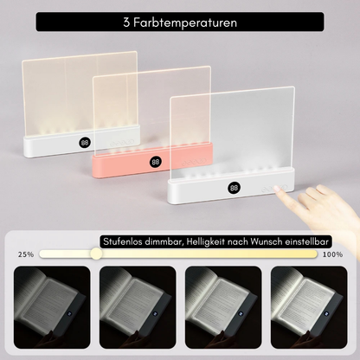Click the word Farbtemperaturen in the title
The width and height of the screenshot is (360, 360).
click(185, 22)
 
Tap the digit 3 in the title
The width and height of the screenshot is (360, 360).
click(126, 22)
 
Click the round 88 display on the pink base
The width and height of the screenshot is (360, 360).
click(156, 162)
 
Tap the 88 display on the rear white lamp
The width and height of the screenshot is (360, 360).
click(85, 143)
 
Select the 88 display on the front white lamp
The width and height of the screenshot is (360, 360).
click(234, 188)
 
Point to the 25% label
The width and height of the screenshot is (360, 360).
click(26, 254)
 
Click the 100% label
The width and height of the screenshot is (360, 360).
click(332, 254)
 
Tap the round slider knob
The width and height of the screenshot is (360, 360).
click(96, 254)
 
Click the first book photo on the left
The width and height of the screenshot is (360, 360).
click(52, 307)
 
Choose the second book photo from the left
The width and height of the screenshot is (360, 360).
click(138, 307)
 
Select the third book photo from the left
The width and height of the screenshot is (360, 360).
click(223, 307)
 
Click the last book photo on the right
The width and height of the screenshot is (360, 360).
click(309, 307)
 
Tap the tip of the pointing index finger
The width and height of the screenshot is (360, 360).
click(276, 189)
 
